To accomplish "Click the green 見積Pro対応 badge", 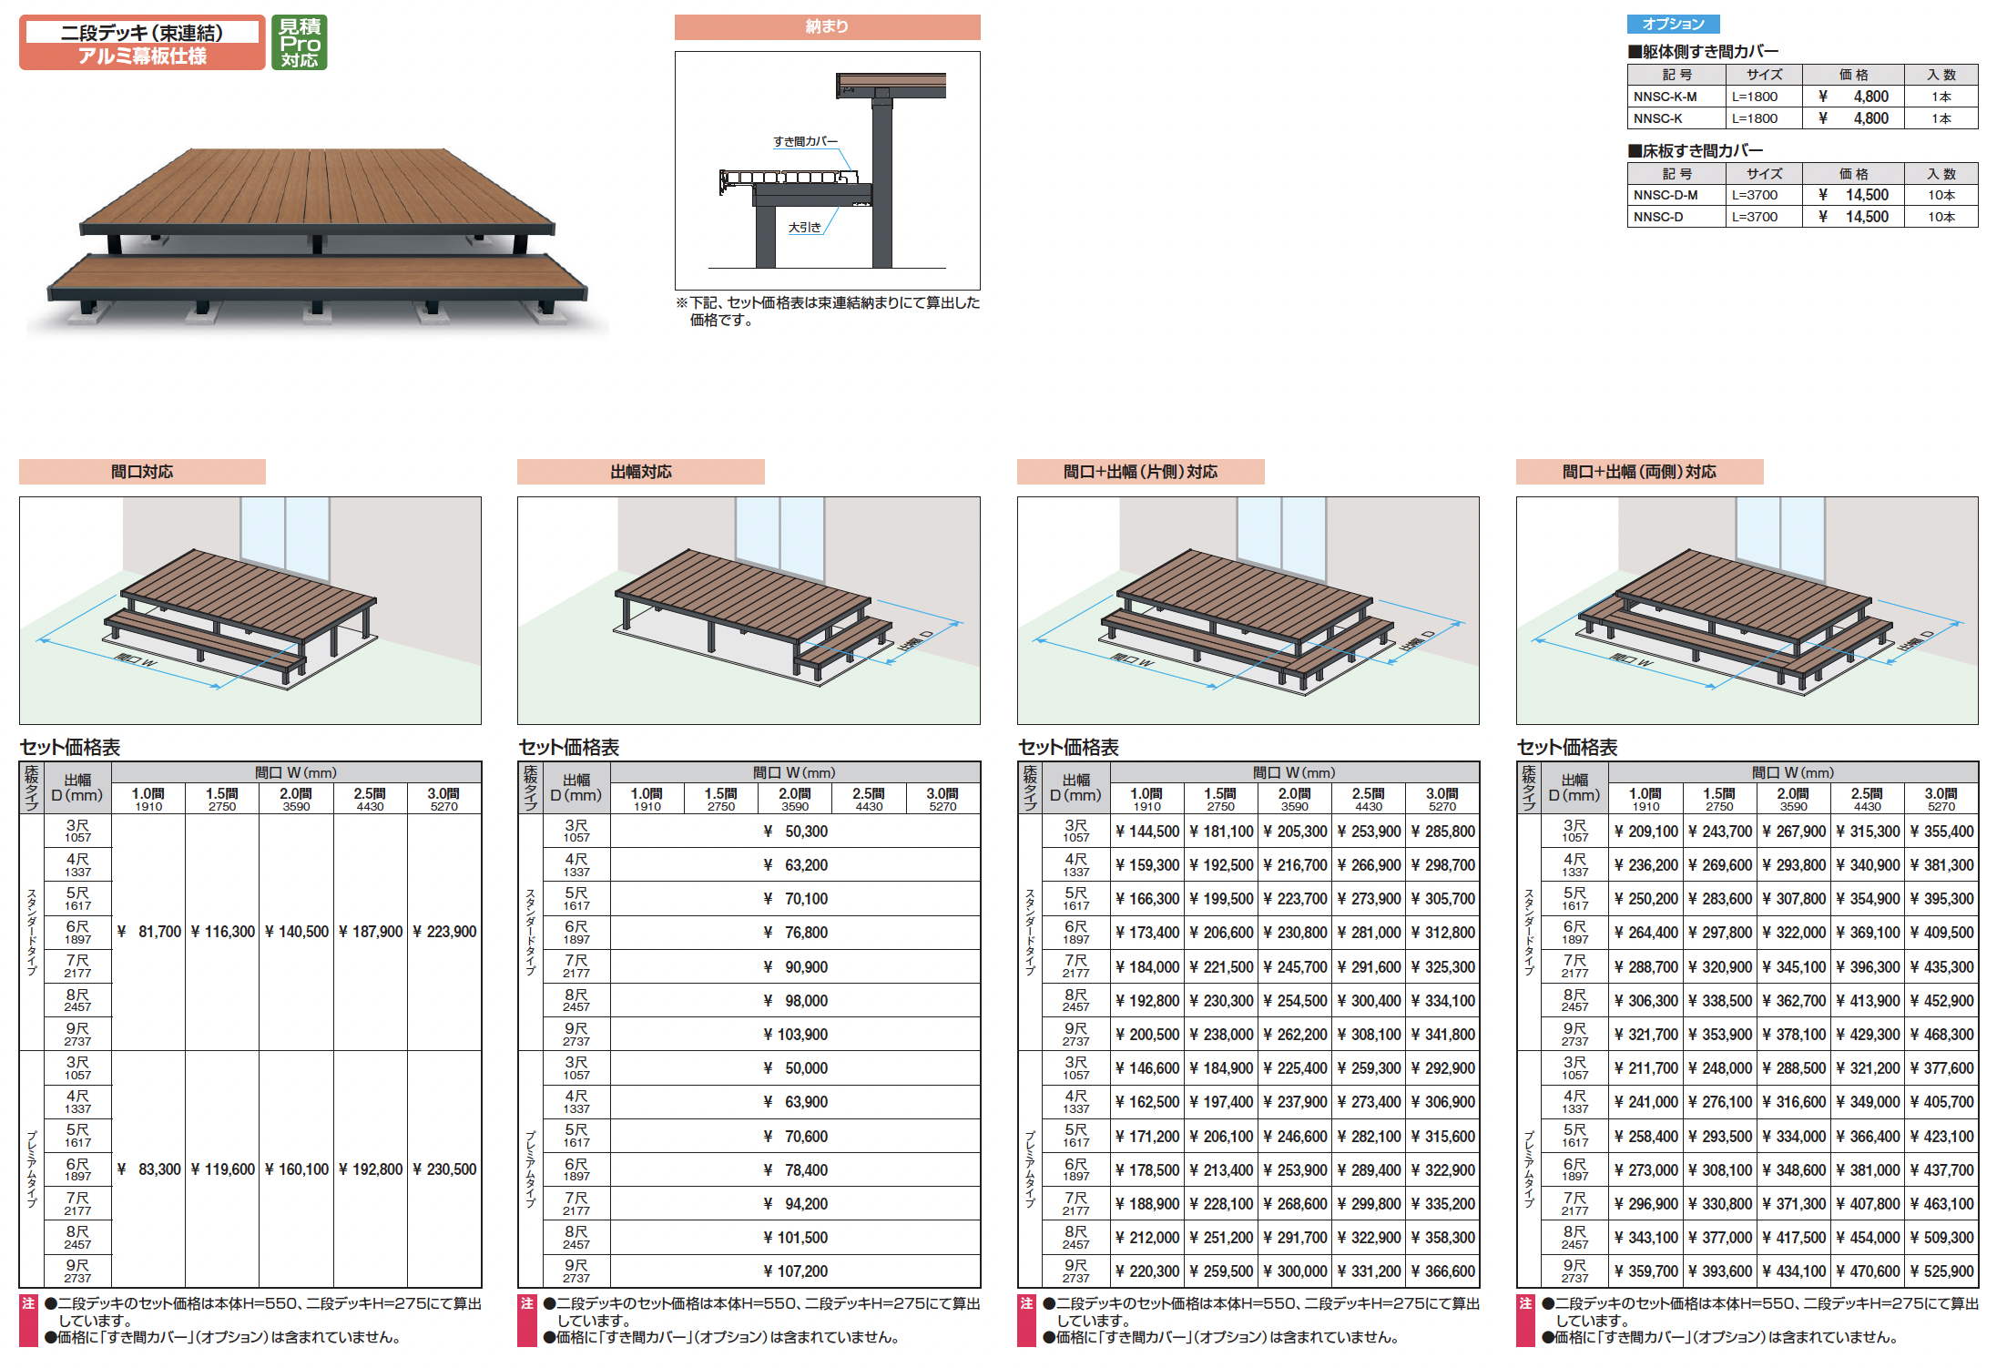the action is pyautogui.click(x=299, y=42).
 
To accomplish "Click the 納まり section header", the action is pyautogui.click(x=827, y=27).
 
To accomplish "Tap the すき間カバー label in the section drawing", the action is pyautogui.click(x=805, y=142).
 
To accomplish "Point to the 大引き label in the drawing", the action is pyautogui.click(x=804, y=228).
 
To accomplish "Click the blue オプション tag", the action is pyautogui.click(x=1673, y=25).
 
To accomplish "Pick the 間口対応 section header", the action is pyautogui.click(x=142, y=472).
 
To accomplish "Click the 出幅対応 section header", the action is pyautogui.click(x=641, y=472).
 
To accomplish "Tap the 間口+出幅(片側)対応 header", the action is pyautogui.click(x=1140, y=472).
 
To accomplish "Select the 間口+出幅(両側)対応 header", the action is pyautogui.click(x=1639, y=472).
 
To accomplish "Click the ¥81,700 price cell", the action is pyautogui.click(x=149, y=932).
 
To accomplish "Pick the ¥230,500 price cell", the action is pyautogui.click(x=444, y=1169).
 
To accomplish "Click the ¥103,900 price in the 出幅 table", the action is pyautogui.click(x=796, y=1035).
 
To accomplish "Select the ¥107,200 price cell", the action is pyautogui.click(x=796, y=1271).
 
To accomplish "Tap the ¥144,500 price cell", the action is pyautogui.click(x=1147, y=832).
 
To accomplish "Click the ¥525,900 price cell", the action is pyautogui.click(x=1941, y=1271).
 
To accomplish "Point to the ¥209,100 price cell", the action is pyautogui.click(x=1646, y=832).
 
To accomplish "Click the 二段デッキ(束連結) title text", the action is pyautogui.click(x=142, y=33).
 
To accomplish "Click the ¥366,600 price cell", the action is pyautogui.click(x=1442, y=1271).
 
